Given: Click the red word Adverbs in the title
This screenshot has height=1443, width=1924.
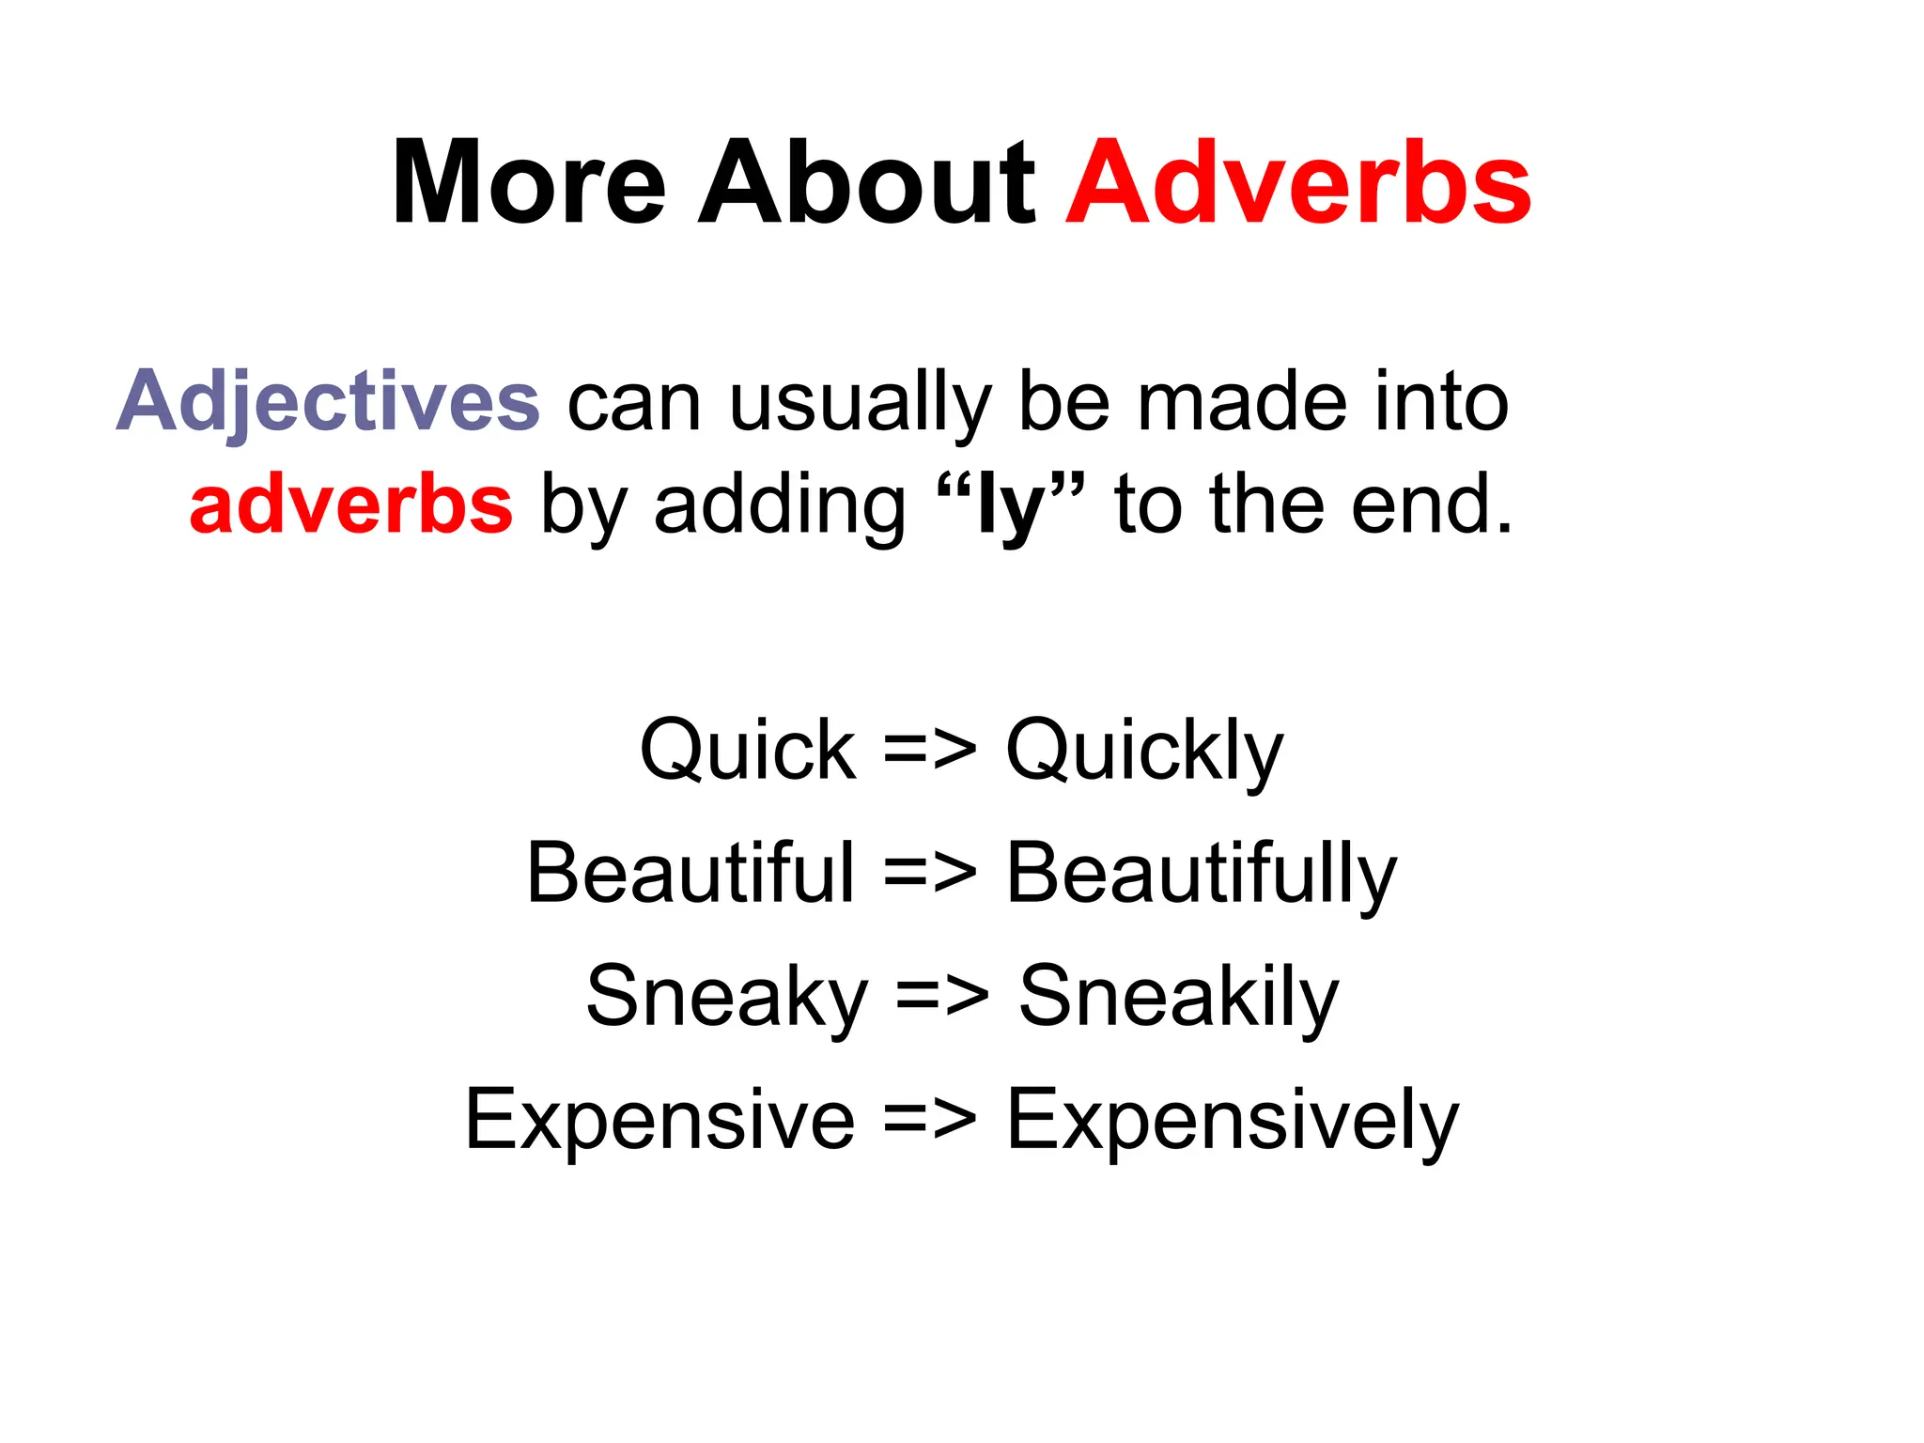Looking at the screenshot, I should coord(1298,183).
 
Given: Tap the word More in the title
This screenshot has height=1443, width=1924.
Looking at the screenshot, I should coord(529,183).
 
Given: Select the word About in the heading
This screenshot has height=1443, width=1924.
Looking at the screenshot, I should coord(866,183).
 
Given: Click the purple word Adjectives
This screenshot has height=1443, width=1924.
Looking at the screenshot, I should coord(328,402).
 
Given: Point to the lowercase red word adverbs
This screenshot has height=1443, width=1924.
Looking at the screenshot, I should coord(350,505).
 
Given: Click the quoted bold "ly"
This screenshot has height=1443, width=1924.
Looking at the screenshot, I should coord(1011,505).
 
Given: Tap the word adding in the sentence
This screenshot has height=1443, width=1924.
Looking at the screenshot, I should coord(780,505).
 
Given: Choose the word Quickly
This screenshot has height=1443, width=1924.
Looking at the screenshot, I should coord(1144,752).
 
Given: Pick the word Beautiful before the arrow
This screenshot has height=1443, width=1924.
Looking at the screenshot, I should coord(690,873).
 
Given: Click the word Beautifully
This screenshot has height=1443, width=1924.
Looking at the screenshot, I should coord(1202,875).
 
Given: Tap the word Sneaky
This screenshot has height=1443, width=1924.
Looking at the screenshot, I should coord(727,998).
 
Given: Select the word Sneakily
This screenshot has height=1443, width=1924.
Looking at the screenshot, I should coord(1178,998).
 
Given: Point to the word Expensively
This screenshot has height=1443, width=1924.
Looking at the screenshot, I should coord(1233,1120).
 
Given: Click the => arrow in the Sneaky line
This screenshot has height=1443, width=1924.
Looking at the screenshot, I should coord(942,998).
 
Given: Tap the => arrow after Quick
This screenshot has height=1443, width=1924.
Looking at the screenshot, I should coord(930,752).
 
